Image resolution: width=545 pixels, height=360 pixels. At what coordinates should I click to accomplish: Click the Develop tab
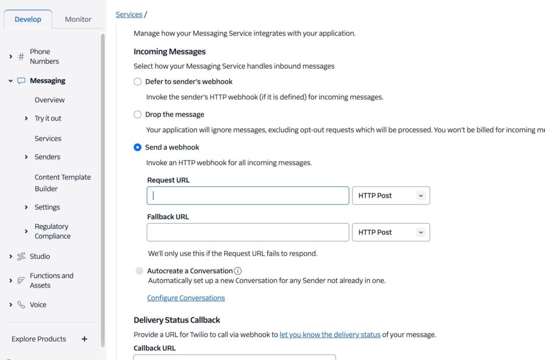[x=28, y=19]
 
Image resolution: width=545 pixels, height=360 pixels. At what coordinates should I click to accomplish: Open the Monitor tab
[x=78, y=19]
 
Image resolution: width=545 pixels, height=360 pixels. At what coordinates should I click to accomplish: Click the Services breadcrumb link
[x=129, y=14]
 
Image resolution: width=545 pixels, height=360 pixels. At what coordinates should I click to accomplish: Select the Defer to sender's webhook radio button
[x=138, y=81]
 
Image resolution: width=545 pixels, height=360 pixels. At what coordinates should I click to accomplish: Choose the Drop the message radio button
[x=138, y=114]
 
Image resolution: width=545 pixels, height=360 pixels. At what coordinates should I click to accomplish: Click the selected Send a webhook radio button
[x=138, y=148]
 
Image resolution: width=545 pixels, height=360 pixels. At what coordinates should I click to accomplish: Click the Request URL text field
[x=248, y=195]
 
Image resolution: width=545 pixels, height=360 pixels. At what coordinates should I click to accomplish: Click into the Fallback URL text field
[x=248, y=232]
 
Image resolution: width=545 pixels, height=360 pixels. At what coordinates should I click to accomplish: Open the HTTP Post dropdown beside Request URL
[x=391, y=195]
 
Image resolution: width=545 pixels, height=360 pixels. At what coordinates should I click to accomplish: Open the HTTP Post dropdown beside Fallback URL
[x=391, y=232]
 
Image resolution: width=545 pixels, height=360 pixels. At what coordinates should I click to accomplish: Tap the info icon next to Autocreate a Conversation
[x=238, y=271]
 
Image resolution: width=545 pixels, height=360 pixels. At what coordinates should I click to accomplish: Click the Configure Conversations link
[x=186, y=298]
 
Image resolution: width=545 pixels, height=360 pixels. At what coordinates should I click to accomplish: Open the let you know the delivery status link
[x=330, y=334]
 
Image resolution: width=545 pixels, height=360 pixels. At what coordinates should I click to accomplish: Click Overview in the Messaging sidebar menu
[x=49, y=100]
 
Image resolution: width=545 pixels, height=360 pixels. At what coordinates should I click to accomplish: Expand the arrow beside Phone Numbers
[x=11, y=56]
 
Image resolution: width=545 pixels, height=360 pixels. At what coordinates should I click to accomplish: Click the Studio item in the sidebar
[x=40, y=256]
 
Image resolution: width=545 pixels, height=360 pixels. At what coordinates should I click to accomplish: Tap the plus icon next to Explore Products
[x=84, y=339]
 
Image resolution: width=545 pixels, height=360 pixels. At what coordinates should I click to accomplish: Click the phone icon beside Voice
[x=21, y=305]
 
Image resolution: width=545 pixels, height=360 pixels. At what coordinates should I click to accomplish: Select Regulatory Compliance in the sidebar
[x=52, y=231]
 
